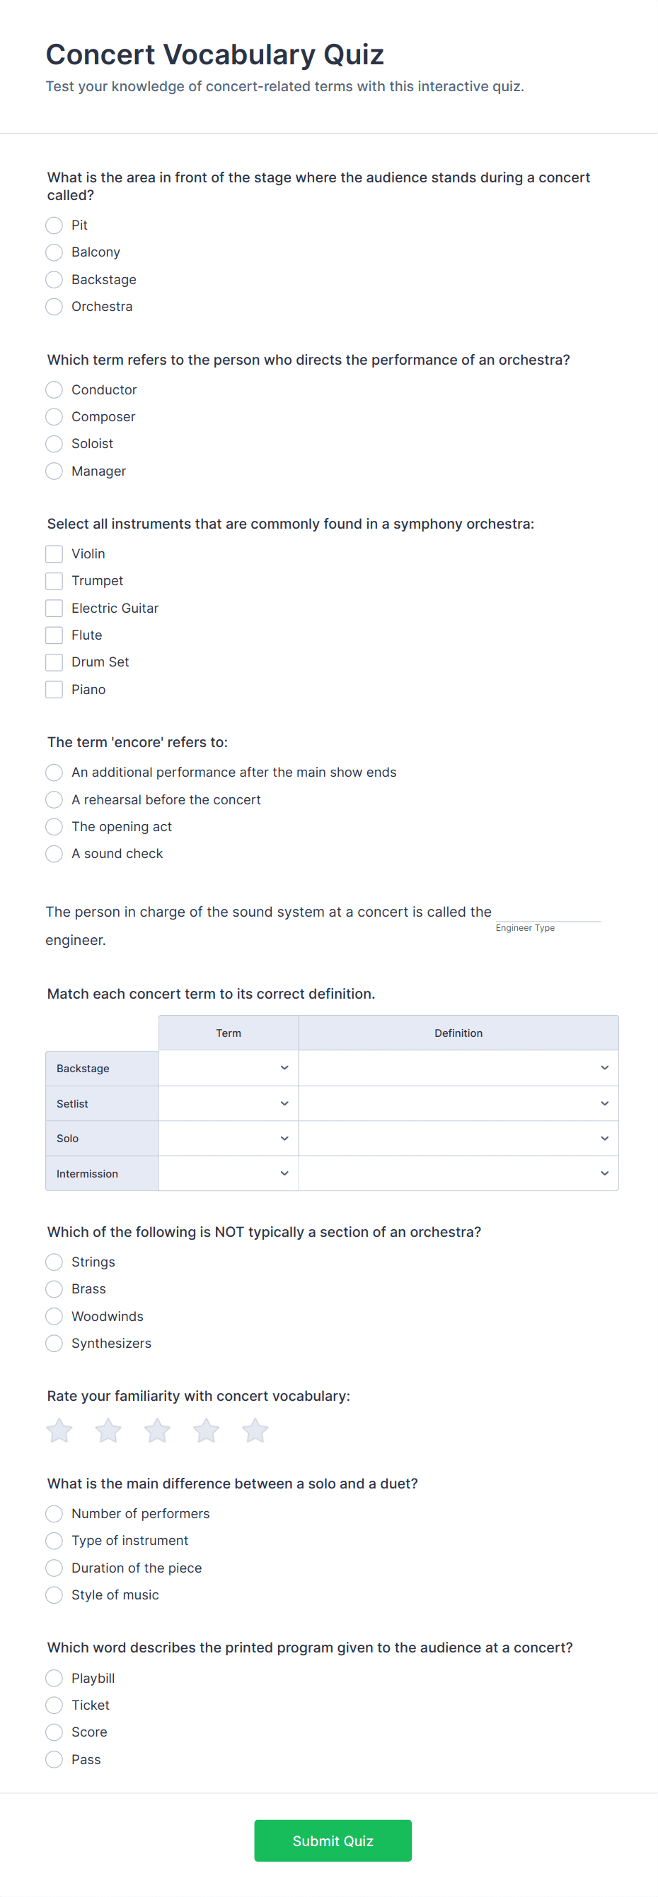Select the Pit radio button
click(54, 225)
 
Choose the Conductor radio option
click(54, 389)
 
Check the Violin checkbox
click(54, 554)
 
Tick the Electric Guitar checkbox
click(54, 609)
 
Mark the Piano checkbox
click(54, 689)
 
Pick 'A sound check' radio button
click(54, 854)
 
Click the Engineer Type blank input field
click(548, 912)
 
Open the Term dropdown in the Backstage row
click(229, 1068)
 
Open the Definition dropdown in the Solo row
click(458, 1139)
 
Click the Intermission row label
click(87, 1174)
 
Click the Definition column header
click(458, 1033)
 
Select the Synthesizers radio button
click(54, 1343)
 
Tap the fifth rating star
click(255, 1431)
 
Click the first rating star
click(59, 1431)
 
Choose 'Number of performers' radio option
click(54, 1513)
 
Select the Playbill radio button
click(54, 1678)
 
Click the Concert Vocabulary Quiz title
click(214, 54)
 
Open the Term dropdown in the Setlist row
click(229, 1103)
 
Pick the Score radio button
click(54, 1732)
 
